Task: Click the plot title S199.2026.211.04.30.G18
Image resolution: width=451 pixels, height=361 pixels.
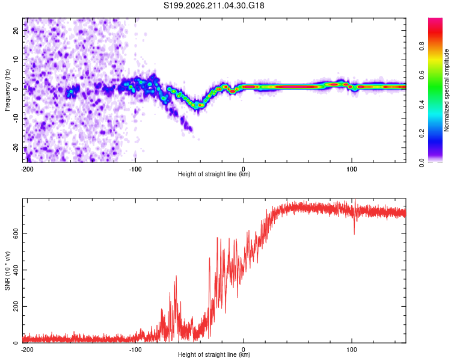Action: pos(213,5)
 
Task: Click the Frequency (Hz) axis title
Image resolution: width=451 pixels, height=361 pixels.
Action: pos(7,90)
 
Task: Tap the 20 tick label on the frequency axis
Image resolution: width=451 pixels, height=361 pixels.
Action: pos(16,30)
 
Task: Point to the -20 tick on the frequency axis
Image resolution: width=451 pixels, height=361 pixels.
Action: pos(16,147)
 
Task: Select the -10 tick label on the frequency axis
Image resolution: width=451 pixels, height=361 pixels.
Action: pos(16,118)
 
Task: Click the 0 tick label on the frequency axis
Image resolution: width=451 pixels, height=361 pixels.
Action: pos(16,89)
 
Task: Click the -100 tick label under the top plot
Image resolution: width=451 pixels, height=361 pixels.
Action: pos(135,169)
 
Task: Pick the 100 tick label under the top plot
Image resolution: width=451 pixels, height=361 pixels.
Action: pos(352,169)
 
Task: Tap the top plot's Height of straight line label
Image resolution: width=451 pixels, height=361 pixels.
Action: pos(214,174)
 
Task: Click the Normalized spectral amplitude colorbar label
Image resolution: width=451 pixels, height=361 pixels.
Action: pos(446,90)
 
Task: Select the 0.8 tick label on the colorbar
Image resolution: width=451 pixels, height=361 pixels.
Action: pos(422,46)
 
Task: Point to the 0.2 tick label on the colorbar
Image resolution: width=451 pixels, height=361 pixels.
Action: pos(422,134)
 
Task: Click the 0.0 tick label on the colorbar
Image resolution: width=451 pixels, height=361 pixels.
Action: pos(422,163)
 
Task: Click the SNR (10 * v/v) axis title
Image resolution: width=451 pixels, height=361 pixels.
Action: pos(7,271)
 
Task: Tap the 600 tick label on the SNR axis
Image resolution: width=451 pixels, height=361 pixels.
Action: pos(16,233)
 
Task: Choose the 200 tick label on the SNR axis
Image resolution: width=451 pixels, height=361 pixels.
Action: pos(16,306)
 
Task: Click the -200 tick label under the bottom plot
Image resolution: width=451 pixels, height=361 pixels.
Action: pos(27,350)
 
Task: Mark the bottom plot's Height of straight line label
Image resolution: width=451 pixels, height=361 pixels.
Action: pos(214,354)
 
